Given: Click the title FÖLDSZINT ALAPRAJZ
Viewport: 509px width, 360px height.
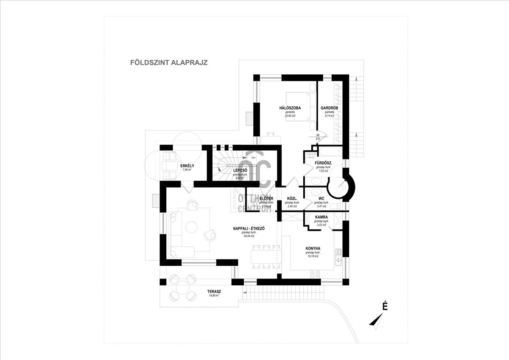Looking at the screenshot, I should (x=168, y=62).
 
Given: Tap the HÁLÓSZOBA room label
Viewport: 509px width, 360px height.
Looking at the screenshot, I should (x=290, y=108).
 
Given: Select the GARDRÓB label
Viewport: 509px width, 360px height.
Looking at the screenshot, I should (x=328, y=108).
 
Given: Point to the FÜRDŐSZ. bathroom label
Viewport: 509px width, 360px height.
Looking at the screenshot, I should (x=323, y=163).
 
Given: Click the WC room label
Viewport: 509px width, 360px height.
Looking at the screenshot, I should (x=322, y=198).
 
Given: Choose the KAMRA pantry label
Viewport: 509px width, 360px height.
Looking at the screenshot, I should (x=321, y=217).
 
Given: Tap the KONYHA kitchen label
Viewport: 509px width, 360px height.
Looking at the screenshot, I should (x=313, y=248).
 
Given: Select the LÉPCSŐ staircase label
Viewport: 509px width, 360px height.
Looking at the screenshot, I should (x=240, y=170).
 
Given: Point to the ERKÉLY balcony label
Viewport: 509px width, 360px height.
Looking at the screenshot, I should (x=187, y=166).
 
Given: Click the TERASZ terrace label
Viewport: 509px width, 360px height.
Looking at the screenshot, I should (x=214, y=292).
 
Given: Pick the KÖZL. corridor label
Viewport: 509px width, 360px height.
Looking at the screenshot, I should (x=292, y=198).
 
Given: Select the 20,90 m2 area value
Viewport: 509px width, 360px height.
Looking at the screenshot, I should (x=290, y=115).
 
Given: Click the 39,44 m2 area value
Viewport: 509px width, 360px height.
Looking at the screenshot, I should (x=249, y=236).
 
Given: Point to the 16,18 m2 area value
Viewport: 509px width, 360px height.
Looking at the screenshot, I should (x=313, y=256).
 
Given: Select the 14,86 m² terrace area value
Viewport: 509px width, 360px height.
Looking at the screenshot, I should (x=214, y=296).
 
